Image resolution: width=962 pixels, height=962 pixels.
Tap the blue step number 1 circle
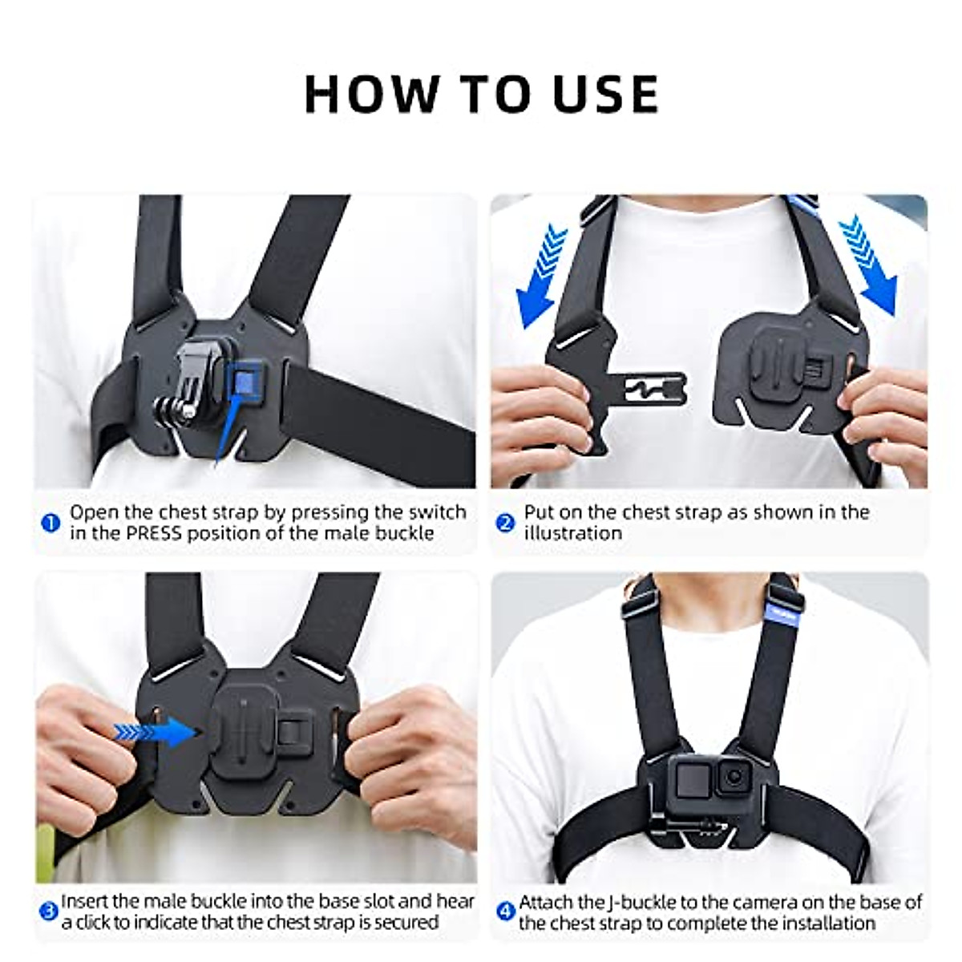tap(51, 523)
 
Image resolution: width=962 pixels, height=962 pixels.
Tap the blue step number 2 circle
tap(505, 523)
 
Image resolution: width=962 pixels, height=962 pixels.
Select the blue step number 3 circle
tap(50, 911)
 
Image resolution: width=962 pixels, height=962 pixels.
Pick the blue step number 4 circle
tap(505, 911)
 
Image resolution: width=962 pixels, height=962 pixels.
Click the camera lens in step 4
tap(733, 776)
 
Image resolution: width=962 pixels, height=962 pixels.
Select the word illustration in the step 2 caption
tap(572, 534)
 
